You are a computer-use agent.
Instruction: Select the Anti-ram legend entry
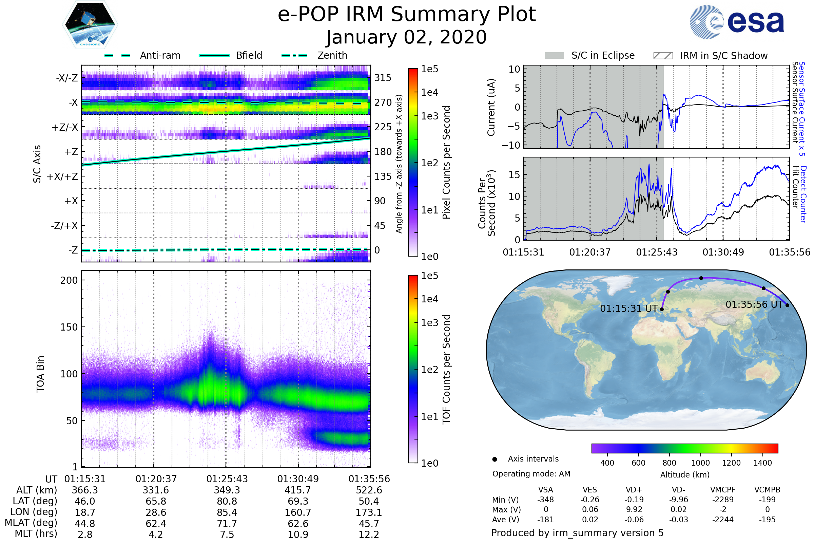(160, 55)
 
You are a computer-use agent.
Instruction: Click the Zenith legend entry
(332, 55)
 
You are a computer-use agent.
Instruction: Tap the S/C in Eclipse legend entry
(603, 55)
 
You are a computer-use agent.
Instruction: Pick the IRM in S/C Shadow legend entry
(723, 56)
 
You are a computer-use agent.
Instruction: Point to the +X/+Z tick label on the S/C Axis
(62, 176)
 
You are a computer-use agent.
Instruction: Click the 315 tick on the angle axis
(383, 78)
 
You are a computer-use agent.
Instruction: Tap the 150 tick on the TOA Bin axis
(69, 327)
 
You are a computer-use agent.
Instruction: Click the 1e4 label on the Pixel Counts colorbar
(429, 92)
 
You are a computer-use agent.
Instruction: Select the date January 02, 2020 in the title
(406, 37)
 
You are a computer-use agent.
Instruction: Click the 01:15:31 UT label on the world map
(628, 308)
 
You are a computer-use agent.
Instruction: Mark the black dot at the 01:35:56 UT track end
(787, 305)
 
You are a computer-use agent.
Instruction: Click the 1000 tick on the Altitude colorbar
(700, 463)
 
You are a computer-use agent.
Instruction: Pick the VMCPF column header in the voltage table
(723, 490)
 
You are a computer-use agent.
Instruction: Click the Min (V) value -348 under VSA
(545, 500)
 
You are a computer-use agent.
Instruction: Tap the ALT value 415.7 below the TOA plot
(298, 490)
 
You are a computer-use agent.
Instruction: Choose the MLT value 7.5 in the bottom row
(227, 534)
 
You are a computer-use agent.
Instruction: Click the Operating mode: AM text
(531, 474)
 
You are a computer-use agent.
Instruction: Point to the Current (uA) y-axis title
(491, 107)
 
